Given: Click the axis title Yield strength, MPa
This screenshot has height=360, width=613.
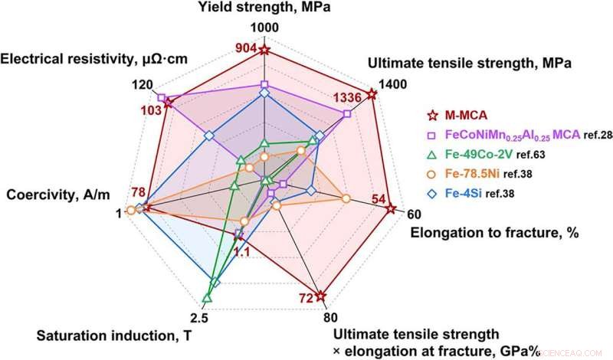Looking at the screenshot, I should point(264,8).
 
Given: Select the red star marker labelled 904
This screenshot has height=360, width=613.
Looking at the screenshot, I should point(264,51).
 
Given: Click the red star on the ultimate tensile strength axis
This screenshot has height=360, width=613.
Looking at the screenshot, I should point(372,94).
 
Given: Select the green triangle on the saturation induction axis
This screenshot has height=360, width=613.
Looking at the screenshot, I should point(206,297).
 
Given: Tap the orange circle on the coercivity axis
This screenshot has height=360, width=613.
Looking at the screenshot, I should point(132,210).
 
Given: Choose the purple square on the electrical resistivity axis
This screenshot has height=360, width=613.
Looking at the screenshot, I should point(162,98).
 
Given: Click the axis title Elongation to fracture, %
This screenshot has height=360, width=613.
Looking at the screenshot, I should point(494,232).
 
